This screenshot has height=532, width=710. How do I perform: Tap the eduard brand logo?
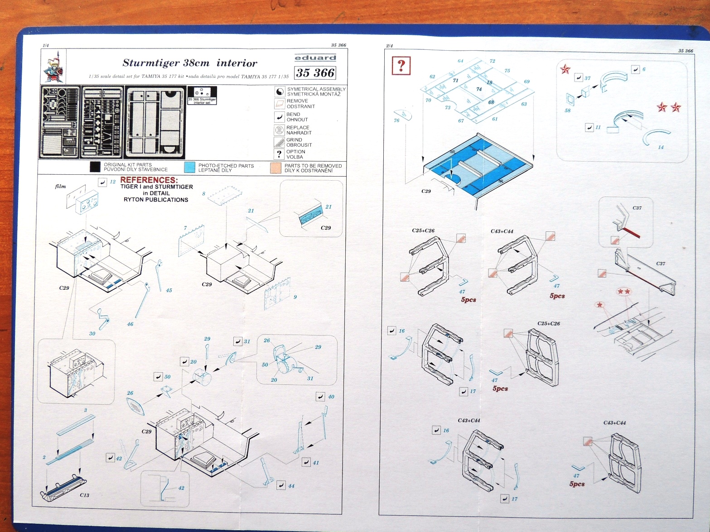pos(315,58)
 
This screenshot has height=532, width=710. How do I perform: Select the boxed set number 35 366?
pos(315,73)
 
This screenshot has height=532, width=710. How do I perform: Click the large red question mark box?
pos(401,66)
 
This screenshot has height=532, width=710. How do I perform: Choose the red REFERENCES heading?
pos(149,180)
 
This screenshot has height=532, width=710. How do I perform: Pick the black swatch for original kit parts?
pos(95,167)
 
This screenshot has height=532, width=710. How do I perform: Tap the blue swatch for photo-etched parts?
pos(190,168)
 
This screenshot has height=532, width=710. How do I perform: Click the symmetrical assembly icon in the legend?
pos(280,91)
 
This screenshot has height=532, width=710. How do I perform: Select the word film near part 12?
pos(60,186)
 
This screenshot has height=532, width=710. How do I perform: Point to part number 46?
pos(130,324)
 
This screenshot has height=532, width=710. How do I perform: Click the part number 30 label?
pos(92,334)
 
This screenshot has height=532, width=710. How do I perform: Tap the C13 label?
pos(84,495)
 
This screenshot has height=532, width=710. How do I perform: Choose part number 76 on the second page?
pos(396,120)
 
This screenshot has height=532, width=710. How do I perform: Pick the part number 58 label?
pos(568,110)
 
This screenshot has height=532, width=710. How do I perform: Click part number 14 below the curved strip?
pos(661,147)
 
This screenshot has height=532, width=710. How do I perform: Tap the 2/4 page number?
pos(389,46)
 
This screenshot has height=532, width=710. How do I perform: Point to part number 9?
pos(295,297)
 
